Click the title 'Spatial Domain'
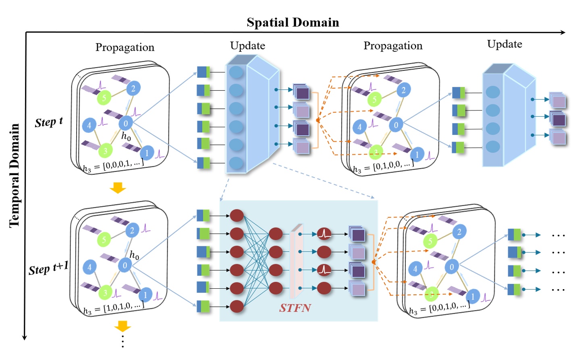click(x=293, y=22)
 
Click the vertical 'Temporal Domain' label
click(x=14, y=176)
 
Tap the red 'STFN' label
click(x=295, y=308)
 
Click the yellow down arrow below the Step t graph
click(x=118, y=188)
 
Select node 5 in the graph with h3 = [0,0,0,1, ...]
click(x=104, y=97)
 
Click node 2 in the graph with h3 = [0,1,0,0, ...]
click(x=403, y=90)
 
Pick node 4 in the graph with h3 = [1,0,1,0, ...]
click(x=89, y=267)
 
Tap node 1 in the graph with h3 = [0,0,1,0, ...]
click(x=473, y=296)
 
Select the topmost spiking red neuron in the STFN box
click(x=324, y=234)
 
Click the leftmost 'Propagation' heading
click(x=125, y=47)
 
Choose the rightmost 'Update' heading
click(x=504, y=44)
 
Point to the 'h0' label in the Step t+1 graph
click(x=134, y=255)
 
